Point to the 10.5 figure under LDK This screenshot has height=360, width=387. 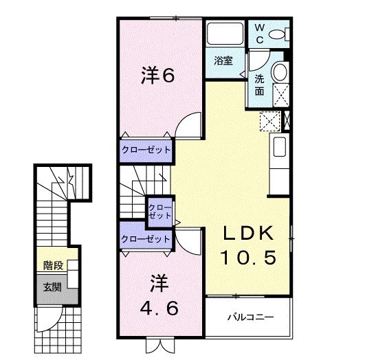248,258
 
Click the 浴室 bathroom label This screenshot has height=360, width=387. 223,60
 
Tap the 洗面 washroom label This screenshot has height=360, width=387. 260,84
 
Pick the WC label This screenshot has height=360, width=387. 260,32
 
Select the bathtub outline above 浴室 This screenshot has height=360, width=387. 222,35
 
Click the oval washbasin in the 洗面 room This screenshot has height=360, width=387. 280,72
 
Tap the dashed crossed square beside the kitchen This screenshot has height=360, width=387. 269,121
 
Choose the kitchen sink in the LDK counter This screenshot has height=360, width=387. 279,147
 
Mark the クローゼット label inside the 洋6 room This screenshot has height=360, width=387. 146,150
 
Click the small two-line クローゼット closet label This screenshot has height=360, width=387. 160,210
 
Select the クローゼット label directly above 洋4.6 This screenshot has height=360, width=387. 145,239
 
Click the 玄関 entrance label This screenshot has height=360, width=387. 52,286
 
